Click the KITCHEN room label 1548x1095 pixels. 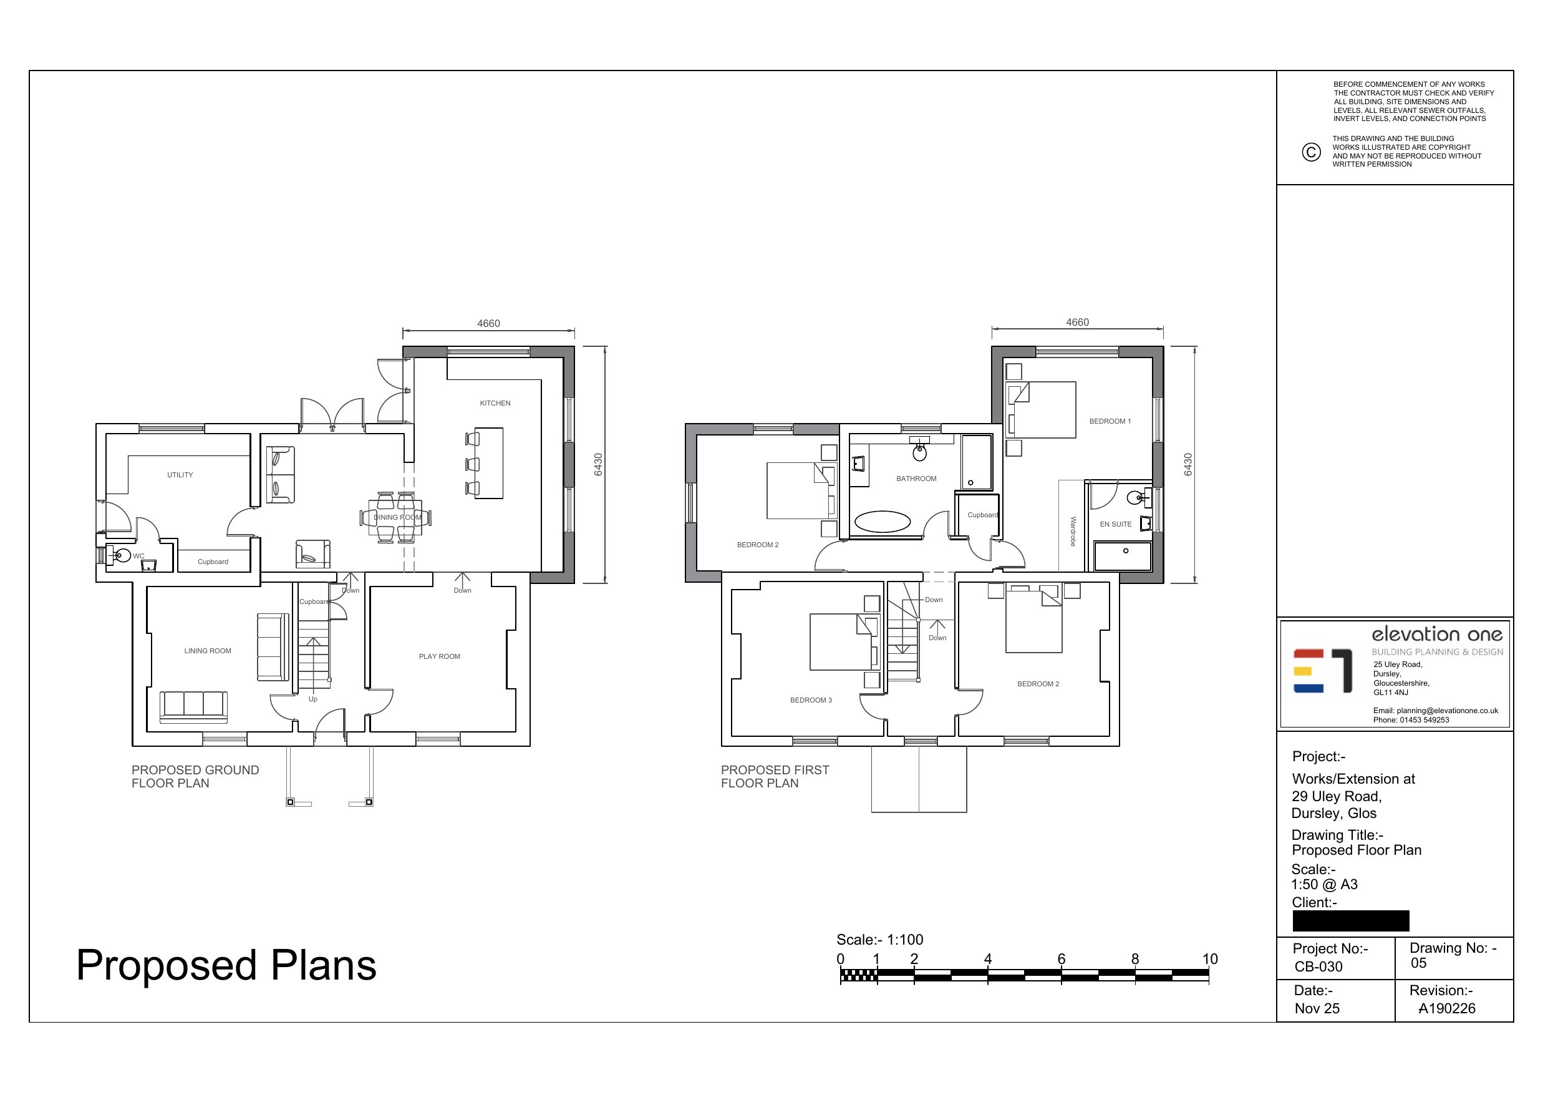click(495, 404)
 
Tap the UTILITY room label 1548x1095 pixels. click(180, 475)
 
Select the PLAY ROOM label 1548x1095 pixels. click(440, 656)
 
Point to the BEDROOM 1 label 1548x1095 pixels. click(1110, 422)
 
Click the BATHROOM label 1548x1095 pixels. click(916, 479)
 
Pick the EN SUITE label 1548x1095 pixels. click(1116, 524)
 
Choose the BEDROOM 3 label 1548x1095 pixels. click(811, 700)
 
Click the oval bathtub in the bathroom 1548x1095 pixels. click(883, 522)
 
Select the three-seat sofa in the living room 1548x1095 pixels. click(193, 707)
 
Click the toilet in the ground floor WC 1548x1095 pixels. click(122, 556)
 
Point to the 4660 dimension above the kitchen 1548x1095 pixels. click(489, 324)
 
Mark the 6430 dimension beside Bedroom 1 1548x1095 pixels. click(1188, 464)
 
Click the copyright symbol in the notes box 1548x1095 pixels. click(1310, 152)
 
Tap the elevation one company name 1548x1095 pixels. click(1438, 634)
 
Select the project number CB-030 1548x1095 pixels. click(1318, 967)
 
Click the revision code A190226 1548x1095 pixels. click(1447, 1009)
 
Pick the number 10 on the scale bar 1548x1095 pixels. click(1210, 959)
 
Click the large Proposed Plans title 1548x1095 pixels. click(226, 965)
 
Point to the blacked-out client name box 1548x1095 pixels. click(1351, 921)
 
